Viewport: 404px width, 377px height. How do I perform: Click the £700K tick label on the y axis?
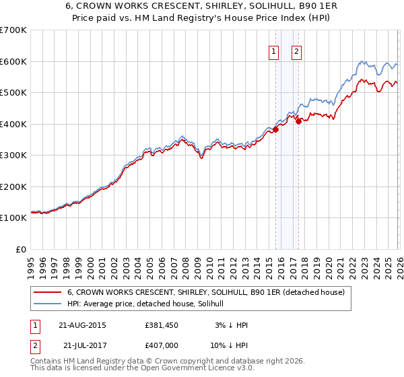pyautogui.click(x=13, y=30)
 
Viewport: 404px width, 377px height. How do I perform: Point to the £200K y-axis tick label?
pyautogui.click(x=13, y=186)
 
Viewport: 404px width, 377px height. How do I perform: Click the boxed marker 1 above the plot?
pyautogui.click(x=275, y=53)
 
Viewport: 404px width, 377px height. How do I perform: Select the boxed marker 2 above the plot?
pyautogui.click(x=296, y=53)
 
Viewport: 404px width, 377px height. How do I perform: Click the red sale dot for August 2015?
pyautogui.click(x=275, y=130)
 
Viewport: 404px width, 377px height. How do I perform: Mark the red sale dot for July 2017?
pyautogui.click(x=298, y=122)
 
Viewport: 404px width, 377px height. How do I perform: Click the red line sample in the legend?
pyautogui.click(x=48, y=292)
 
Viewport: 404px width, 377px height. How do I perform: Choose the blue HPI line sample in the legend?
pyautogui.click(x=48, y=304)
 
